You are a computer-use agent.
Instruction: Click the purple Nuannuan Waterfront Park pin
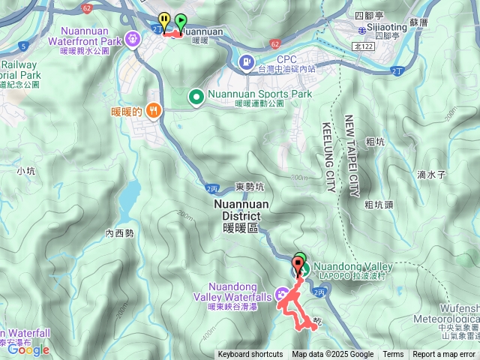pyautogui.click(x=133, y=40)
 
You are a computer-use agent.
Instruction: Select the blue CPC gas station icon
pyautogui.click(x=245, y=61)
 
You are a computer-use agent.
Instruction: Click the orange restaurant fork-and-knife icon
pyautogui.click(x=153, y=111)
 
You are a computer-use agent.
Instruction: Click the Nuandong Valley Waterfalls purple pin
pyautogui.click(x=283, y=293)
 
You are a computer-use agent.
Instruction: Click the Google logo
pyautogui.click(x=28, y=349)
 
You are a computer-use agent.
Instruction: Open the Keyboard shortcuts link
pyautogui.click(x=250, y=355)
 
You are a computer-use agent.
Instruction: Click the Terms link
pyautogui.click(x=393, y=355)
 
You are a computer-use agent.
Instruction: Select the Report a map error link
pyautogui.click(x=444, y=355)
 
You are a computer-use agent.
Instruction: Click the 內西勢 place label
pyautogui.click(x=120, y=233)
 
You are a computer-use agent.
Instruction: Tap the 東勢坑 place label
pyautogui.click(x=249, y=187)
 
